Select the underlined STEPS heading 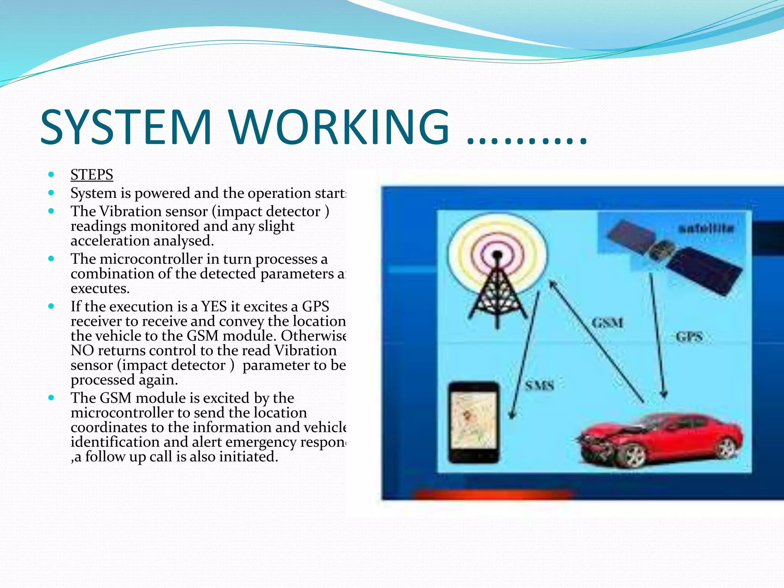(91, 175)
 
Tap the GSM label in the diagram (607, 323)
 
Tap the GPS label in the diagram (689, 337)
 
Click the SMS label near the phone (539, 385)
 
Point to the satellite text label (706, 229)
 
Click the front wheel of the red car (632, 456)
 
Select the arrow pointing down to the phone (524, 356)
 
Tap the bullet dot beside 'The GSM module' (51, 398)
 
